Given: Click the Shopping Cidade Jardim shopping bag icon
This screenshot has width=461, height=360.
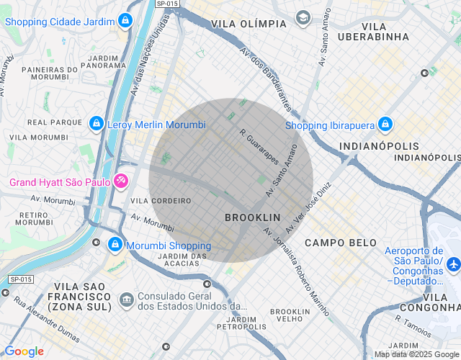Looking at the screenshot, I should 125,20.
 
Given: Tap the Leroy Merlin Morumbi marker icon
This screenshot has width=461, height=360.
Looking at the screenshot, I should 96,125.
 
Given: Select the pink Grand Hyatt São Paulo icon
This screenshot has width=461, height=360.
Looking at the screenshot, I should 121,181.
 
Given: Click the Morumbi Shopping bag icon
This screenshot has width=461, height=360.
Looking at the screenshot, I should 114,246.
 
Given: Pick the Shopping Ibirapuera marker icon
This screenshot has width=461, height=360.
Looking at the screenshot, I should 385,125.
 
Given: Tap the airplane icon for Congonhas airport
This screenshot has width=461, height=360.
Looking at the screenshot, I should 453,264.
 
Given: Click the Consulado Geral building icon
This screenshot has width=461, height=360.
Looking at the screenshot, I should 126,298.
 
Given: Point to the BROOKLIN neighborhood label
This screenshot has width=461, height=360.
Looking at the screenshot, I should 252,217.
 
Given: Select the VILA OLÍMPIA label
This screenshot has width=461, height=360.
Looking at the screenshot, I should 249,24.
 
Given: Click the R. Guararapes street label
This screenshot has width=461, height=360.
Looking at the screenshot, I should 259,147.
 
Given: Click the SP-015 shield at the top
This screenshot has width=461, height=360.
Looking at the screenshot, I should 166,4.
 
